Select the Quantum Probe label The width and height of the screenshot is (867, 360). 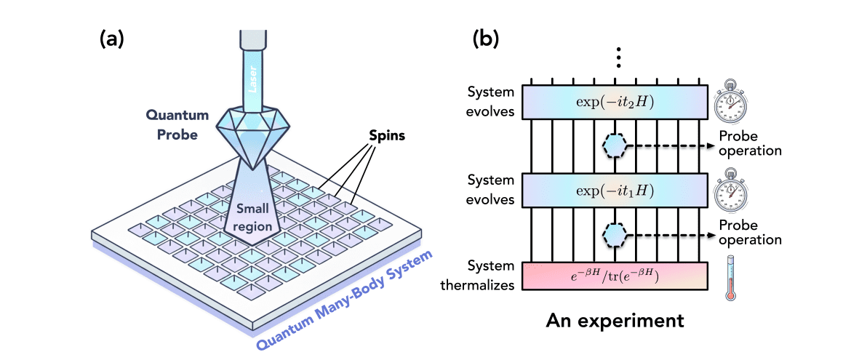[176, 124]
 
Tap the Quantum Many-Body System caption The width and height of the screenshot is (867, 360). [346, 298]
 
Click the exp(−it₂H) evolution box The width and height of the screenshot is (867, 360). [615, 100]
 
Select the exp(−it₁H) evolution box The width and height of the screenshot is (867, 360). [615, 190]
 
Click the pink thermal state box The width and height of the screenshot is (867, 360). [615, 276]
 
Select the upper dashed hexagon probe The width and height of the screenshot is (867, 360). [615, 145]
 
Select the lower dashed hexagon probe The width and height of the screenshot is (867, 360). [615, 234]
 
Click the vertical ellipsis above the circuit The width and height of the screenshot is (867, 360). [618, 57]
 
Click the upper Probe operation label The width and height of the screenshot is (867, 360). [749, 145]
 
